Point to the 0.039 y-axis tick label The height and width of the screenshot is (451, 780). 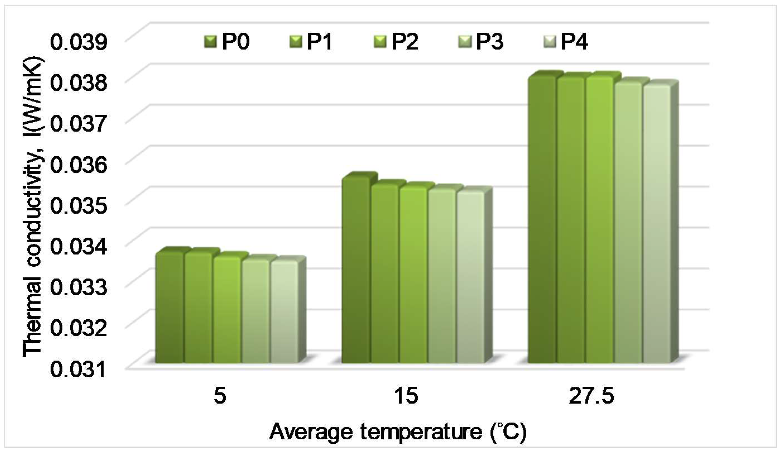tap(79, 42)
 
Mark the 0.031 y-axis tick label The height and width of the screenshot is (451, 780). tap(79, 370)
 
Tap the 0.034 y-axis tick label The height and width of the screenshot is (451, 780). tap(79, 247)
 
